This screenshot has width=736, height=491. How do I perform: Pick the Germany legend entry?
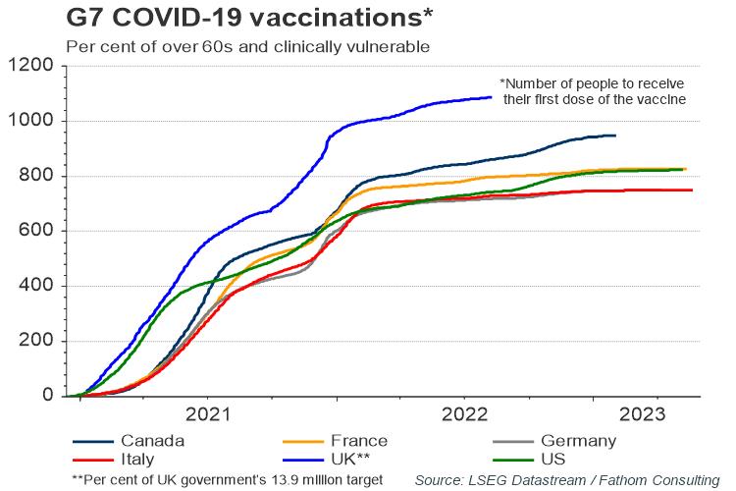[x=580, y=441]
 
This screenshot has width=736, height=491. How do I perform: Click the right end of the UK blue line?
[x=492, y=97]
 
